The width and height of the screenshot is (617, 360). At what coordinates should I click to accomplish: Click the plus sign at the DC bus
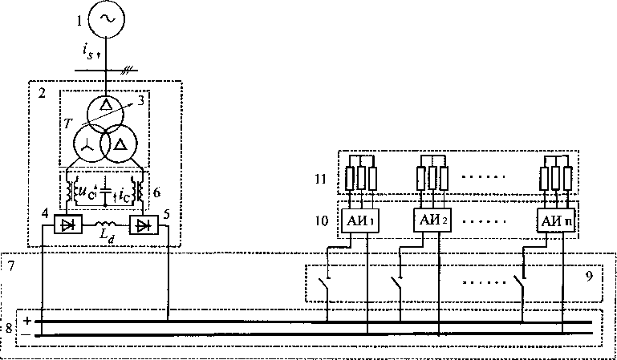pyautogui.click(x=27, y=321)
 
